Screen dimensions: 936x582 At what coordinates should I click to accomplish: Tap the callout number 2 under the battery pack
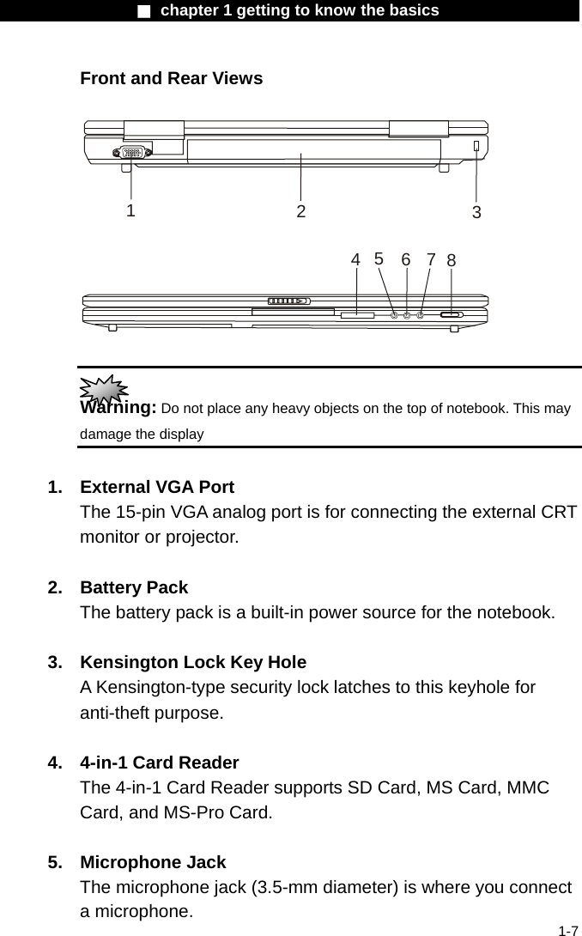pyautogui.click(x=301, y=211)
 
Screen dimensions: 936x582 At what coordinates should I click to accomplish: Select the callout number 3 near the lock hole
pyautogui.click(x=476, y=213)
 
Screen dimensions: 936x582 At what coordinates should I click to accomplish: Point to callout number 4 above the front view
pyautogui.click(x=355, y=259)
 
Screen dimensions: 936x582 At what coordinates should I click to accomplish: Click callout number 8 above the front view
pyautogui.click(x=452, y=260)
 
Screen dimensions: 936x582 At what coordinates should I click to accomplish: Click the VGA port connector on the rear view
pyautogui.click(x=132, y=152)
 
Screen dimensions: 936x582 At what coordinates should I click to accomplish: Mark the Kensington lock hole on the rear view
pyautogui.click(x=476, y=147)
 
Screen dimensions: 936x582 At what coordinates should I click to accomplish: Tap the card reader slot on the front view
pyautogui.click(x=357, y=316)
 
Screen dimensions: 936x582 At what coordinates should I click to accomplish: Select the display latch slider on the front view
pyautogui.click(x=288, y=301)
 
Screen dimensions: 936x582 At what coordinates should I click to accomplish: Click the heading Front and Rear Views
pyautogui.click(x=171, y=78)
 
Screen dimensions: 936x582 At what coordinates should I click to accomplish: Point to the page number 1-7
pyautogui.click(x=567, y=930)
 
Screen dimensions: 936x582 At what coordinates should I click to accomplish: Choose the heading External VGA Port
pyautogui.click(x=156, y=487)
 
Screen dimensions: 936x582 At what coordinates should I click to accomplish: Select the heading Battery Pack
pyautogui.click(x=133, y=587)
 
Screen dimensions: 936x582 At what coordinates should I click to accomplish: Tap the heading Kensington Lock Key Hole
pyautogui.click(x=192, y=662)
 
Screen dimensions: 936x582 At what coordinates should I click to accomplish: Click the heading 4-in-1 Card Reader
pyautogui.click(x=159, y=763)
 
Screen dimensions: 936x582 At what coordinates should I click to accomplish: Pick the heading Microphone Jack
pyautogui.click(x=153, y=862)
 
